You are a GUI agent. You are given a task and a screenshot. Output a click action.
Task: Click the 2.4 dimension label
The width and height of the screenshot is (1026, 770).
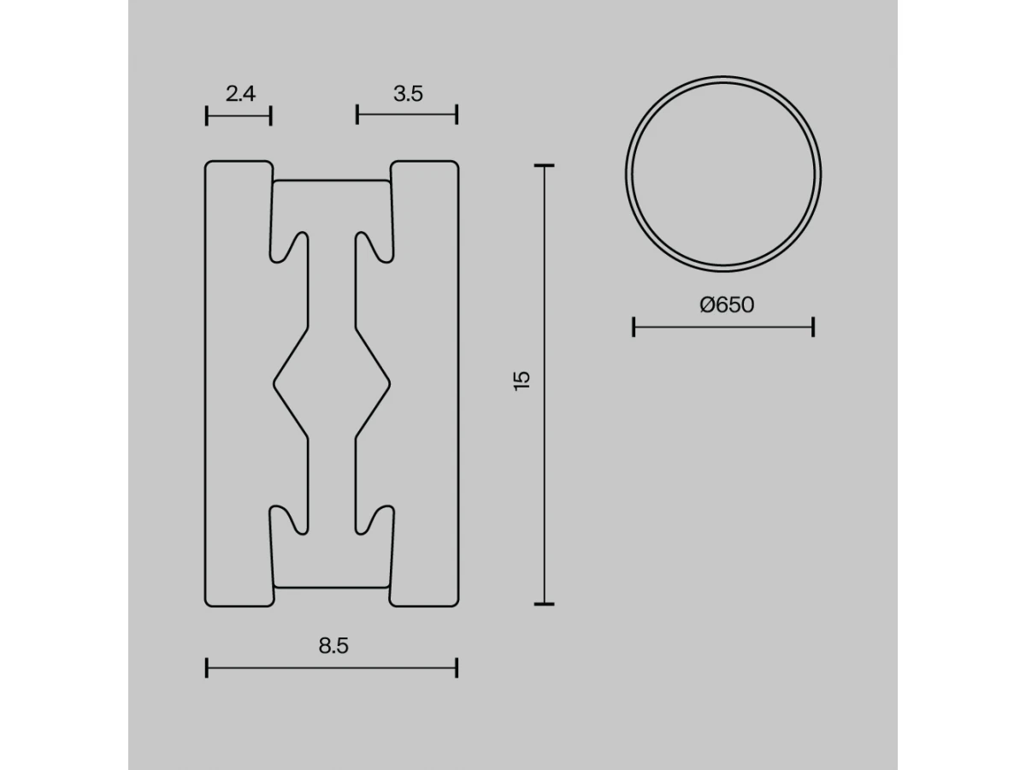(x=240, y=94)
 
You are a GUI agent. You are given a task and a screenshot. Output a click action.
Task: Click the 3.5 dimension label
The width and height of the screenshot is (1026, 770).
(x=408, y=94)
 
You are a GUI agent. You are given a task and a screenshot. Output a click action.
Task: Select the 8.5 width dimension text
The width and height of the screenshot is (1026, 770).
(x=333, y=646)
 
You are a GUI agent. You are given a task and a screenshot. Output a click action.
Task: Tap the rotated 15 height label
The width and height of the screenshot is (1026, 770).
(x=522, y=381)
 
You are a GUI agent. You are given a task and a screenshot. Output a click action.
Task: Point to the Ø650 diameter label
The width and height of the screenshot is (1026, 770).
(x=727, y=305)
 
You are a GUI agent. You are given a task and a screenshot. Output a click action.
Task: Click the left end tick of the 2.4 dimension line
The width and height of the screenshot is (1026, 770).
(x=207, y=115)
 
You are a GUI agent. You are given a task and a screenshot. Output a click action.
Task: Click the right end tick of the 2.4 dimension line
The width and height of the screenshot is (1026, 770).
(x=271, y=115)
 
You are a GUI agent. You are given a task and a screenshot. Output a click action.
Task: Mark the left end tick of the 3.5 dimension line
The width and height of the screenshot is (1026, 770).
(x=357, y=115)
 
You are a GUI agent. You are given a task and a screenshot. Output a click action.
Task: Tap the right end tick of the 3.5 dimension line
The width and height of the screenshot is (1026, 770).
(x=457, y=115)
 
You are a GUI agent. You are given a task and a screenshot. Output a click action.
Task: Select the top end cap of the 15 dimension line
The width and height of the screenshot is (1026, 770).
(x=544, y=165)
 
